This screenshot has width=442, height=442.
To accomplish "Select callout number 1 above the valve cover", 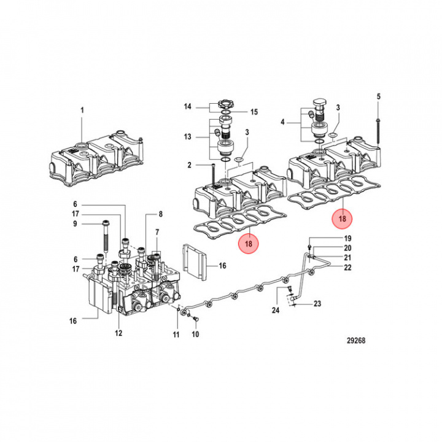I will [x=81, y=110].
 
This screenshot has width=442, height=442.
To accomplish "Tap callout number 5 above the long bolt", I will [x=378, y=96].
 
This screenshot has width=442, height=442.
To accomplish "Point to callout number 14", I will [x=187, y=107].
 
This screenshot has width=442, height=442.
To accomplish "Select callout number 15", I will [x=253, y=112].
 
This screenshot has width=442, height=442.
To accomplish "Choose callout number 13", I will [x=187, y=136].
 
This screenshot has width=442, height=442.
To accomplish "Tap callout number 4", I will [x=282, y=122].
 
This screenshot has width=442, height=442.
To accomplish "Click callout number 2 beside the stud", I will [x=190, y=165].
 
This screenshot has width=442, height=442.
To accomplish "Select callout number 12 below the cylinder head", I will [x=118, y=333].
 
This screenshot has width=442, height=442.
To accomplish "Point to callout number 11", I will [x=176, y=335].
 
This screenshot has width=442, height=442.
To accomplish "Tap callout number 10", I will [x=195, y=335].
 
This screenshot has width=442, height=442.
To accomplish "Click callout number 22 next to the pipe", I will [x=347, y=267].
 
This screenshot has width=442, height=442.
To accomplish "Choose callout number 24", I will [x=276, y=311].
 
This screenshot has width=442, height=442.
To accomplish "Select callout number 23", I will [x=317, y=303].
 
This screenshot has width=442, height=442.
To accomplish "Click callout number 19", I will [x=347, y=238].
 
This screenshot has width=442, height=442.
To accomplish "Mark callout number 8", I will [x=160, y=214].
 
